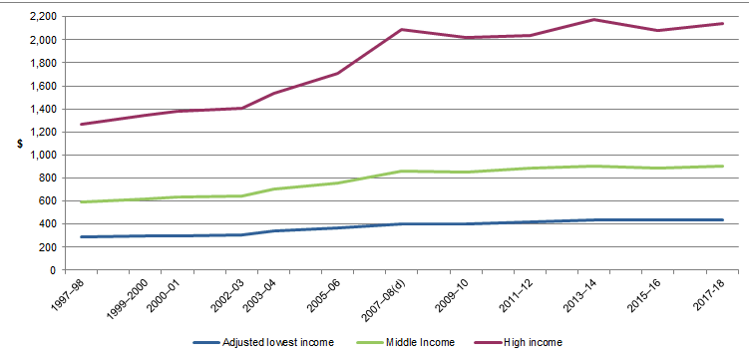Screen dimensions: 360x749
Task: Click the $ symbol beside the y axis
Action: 19,144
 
